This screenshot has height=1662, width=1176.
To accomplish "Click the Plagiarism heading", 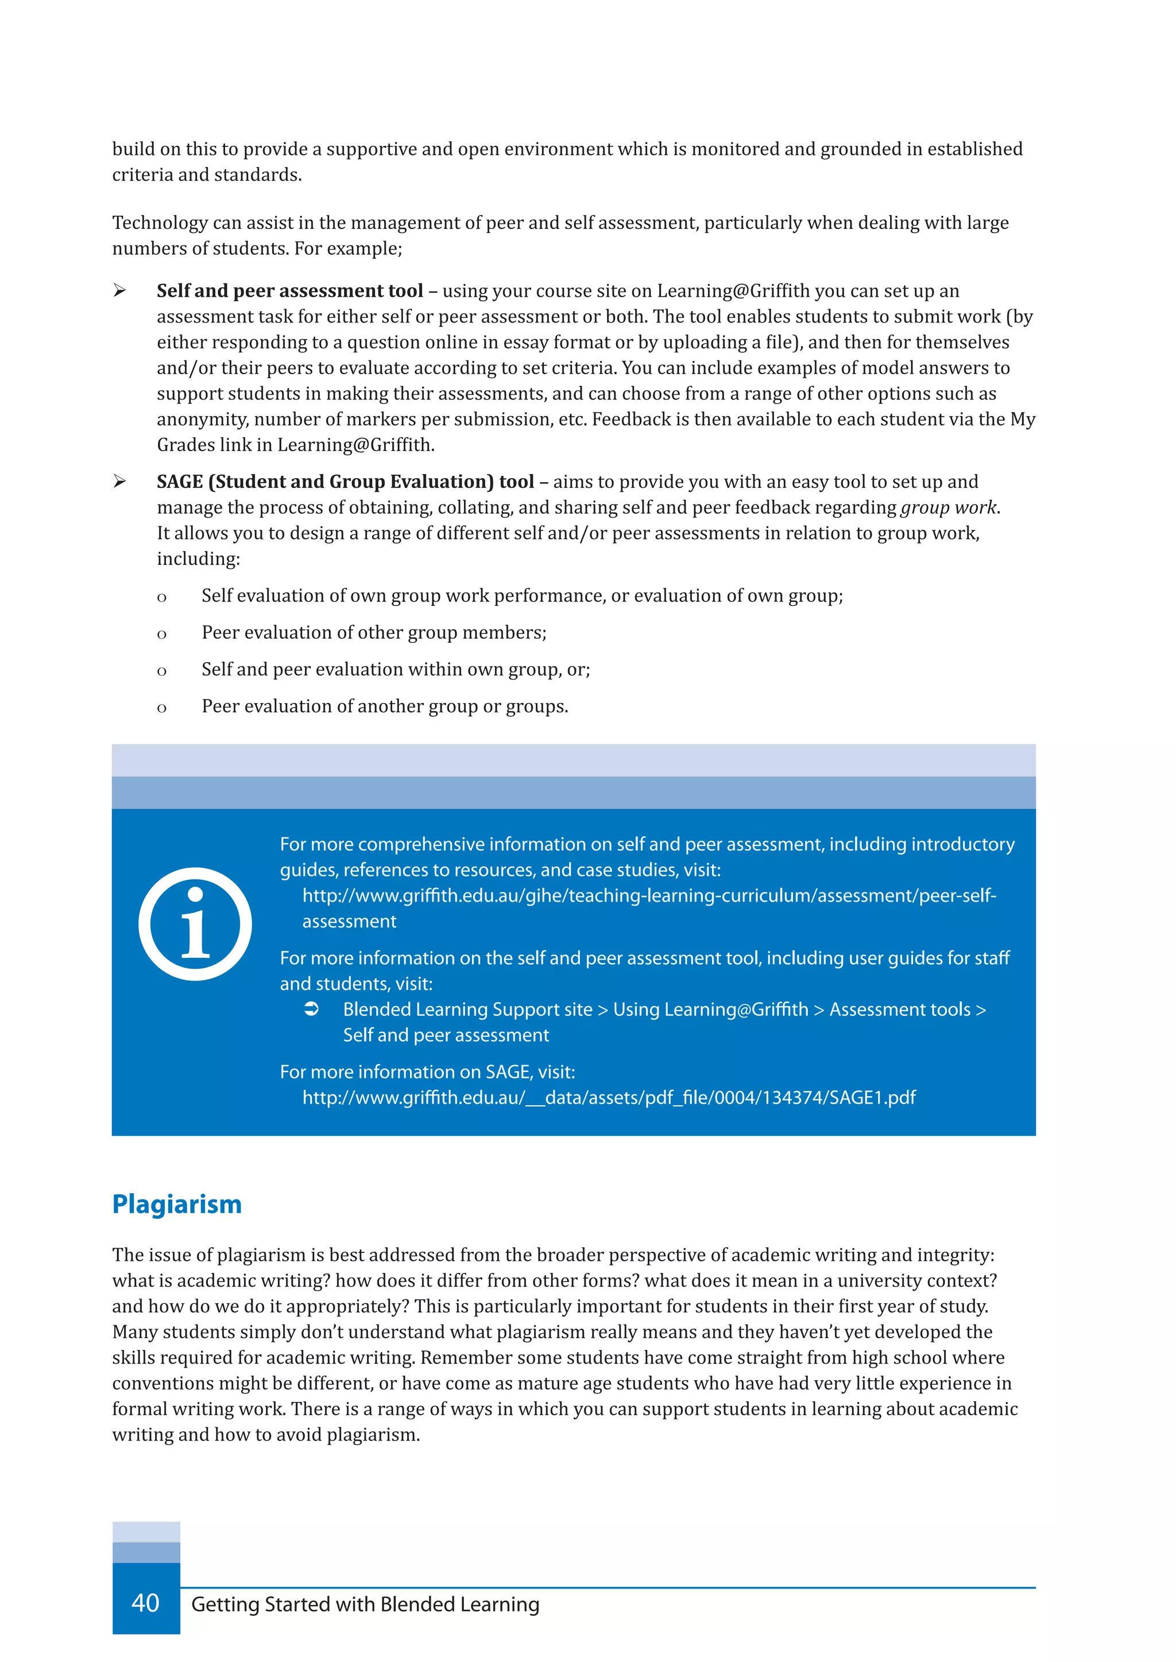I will coord(177,1205).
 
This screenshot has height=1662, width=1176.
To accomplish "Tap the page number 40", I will coord(145,1603).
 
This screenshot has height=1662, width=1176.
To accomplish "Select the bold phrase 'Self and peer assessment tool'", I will coord(289,291).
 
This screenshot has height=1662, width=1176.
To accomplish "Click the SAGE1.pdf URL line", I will coord(608,1098).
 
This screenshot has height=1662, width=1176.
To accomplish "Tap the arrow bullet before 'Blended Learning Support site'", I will coord(311,1009).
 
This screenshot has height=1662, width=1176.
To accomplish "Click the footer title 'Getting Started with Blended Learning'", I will coord(365,1604).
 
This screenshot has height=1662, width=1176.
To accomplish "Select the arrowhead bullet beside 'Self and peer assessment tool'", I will coord(120,291).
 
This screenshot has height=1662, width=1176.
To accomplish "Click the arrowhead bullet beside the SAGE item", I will coord(120,482).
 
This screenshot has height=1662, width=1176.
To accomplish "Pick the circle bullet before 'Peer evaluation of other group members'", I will coord(161,635).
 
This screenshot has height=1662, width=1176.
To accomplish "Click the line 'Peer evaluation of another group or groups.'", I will coord(385,706).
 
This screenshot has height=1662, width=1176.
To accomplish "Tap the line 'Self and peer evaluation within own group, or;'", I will coord(396,670).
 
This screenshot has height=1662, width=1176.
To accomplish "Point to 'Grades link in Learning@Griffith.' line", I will coord(296,445).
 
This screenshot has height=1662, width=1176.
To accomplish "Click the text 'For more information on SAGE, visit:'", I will coord(427,1072).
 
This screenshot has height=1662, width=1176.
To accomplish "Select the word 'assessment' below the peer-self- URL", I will coord(349,922).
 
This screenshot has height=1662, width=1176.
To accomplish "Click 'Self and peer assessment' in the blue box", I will coord(446,1035).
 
